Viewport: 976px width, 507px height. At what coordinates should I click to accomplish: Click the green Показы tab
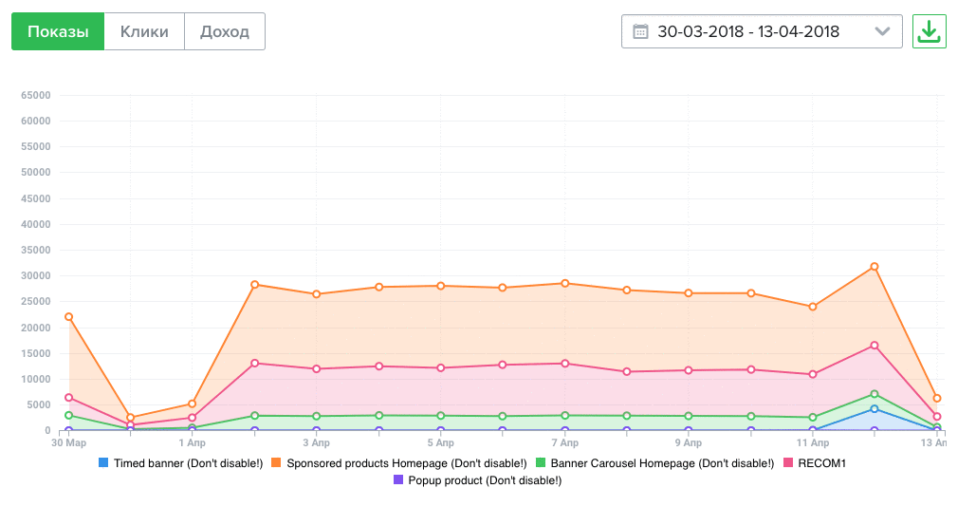58,31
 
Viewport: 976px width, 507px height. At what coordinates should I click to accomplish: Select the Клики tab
144,31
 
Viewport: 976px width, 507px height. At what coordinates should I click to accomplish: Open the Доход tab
225,31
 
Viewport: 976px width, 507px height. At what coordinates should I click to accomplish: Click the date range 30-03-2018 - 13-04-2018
748,31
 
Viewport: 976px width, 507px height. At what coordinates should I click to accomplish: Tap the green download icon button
929,31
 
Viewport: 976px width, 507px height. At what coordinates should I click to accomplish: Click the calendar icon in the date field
640,31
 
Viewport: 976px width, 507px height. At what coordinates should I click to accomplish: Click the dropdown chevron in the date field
882,31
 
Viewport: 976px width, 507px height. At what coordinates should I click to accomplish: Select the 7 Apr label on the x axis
564,442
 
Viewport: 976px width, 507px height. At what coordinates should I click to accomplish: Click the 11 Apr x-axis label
812,442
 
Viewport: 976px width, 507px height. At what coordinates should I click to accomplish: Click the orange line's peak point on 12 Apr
875,267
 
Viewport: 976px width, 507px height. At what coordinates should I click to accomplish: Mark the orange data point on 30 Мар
68,317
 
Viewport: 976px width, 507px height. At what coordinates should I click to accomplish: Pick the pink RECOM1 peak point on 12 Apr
875,346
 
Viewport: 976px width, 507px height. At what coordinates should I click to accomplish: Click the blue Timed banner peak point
875,408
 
